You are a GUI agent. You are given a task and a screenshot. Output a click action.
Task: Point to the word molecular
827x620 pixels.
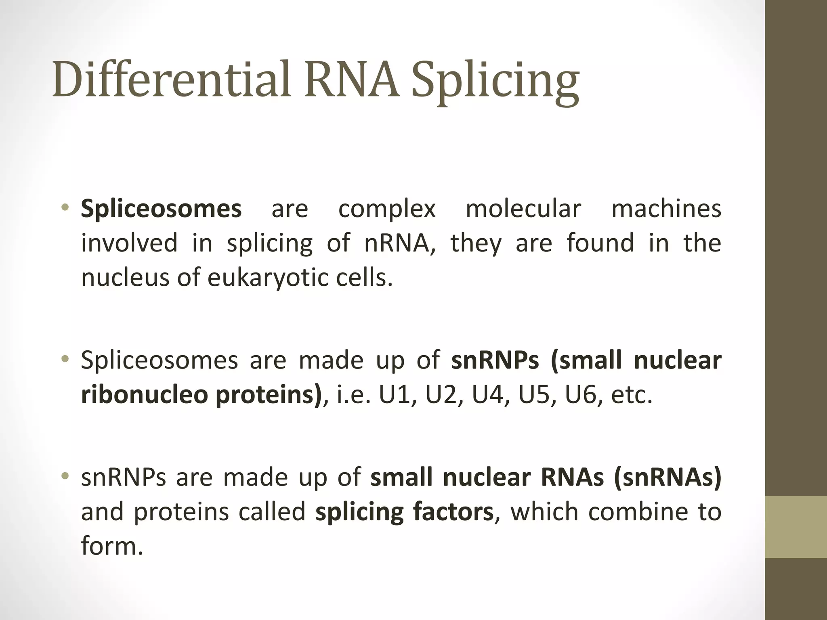point(523,209)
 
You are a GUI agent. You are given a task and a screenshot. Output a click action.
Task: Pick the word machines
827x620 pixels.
point(666,209)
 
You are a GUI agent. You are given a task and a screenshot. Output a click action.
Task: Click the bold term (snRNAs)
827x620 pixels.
point(667,478)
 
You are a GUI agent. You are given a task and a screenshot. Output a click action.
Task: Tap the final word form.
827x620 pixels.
point(112,546)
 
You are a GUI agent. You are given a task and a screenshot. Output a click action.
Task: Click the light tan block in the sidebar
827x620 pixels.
point(796,527)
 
